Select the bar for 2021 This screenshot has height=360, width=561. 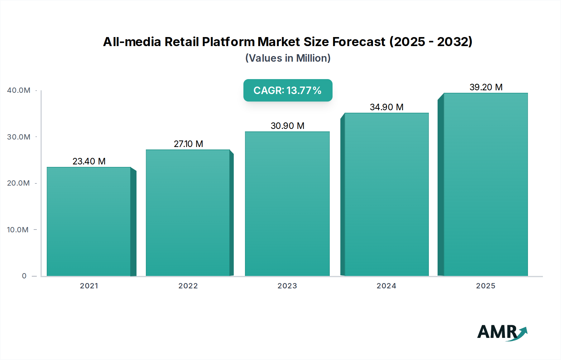coord(89,221)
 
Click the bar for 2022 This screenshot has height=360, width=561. coord(188,213)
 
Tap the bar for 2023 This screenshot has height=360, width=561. coord(287,204)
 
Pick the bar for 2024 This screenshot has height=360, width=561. coord(386,194)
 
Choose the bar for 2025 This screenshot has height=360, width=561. coord(486,184)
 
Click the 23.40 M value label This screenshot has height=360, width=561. coord(89,161)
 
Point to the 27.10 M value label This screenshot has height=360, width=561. coord(188,144)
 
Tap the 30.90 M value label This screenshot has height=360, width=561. coord(287,126)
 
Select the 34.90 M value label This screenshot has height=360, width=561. coord(386,107)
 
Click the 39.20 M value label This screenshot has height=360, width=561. coord(486,87)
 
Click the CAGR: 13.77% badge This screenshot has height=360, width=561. coord(288,90)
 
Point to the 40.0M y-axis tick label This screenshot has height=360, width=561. coord(19,90)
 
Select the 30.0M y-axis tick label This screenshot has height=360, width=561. coord(19,137)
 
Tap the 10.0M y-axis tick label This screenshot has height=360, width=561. coord(18,230)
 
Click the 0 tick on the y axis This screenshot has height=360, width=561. coord(24,276)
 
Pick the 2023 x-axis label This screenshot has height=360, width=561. coord(287,286)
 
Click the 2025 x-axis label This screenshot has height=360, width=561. coord(486,286)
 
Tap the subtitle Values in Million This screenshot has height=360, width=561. coord(288,58)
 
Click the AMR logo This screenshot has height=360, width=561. coord(502,332)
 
